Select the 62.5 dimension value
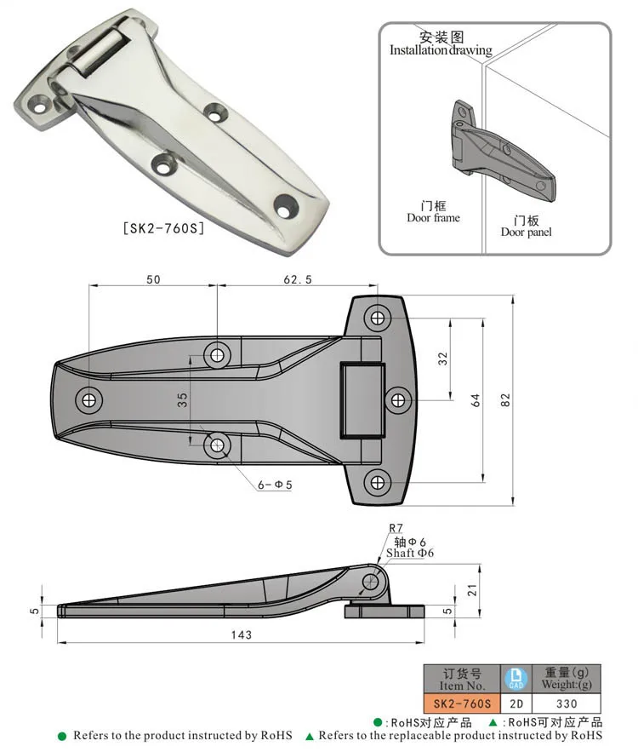point(296,278)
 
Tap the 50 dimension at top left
point(152,278)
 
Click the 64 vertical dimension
point(476,399)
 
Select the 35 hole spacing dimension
point(182,400)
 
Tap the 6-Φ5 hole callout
point(275,485)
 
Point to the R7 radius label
point(397,528)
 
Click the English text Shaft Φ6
point(410,553)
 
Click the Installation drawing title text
point(441,50)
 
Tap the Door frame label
point(433,218)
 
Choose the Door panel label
point(526,232)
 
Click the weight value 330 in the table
point(566,703)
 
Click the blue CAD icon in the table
point(516,678)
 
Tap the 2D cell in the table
point(516,703)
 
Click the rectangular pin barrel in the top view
point(362,399)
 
